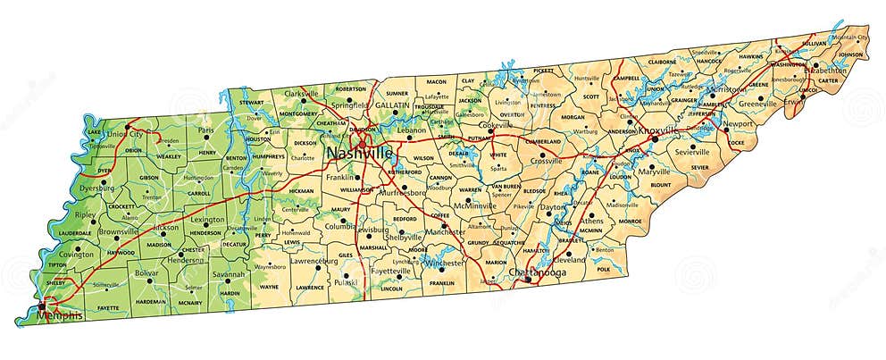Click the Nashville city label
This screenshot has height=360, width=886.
[359, 154]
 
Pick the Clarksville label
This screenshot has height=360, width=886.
[302, 94]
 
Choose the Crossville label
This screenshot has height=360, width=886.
[546, 161]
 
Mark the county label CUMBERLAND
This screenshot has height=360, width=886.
[544, 141]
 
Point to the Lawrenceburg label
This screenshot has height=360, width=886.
[312, 261]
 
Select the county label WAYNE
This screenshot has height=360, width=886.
[269, 287]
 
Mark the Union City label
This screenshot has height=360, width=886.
[125, 134]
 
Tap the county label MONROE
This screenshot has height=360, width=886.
[630, 221]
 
